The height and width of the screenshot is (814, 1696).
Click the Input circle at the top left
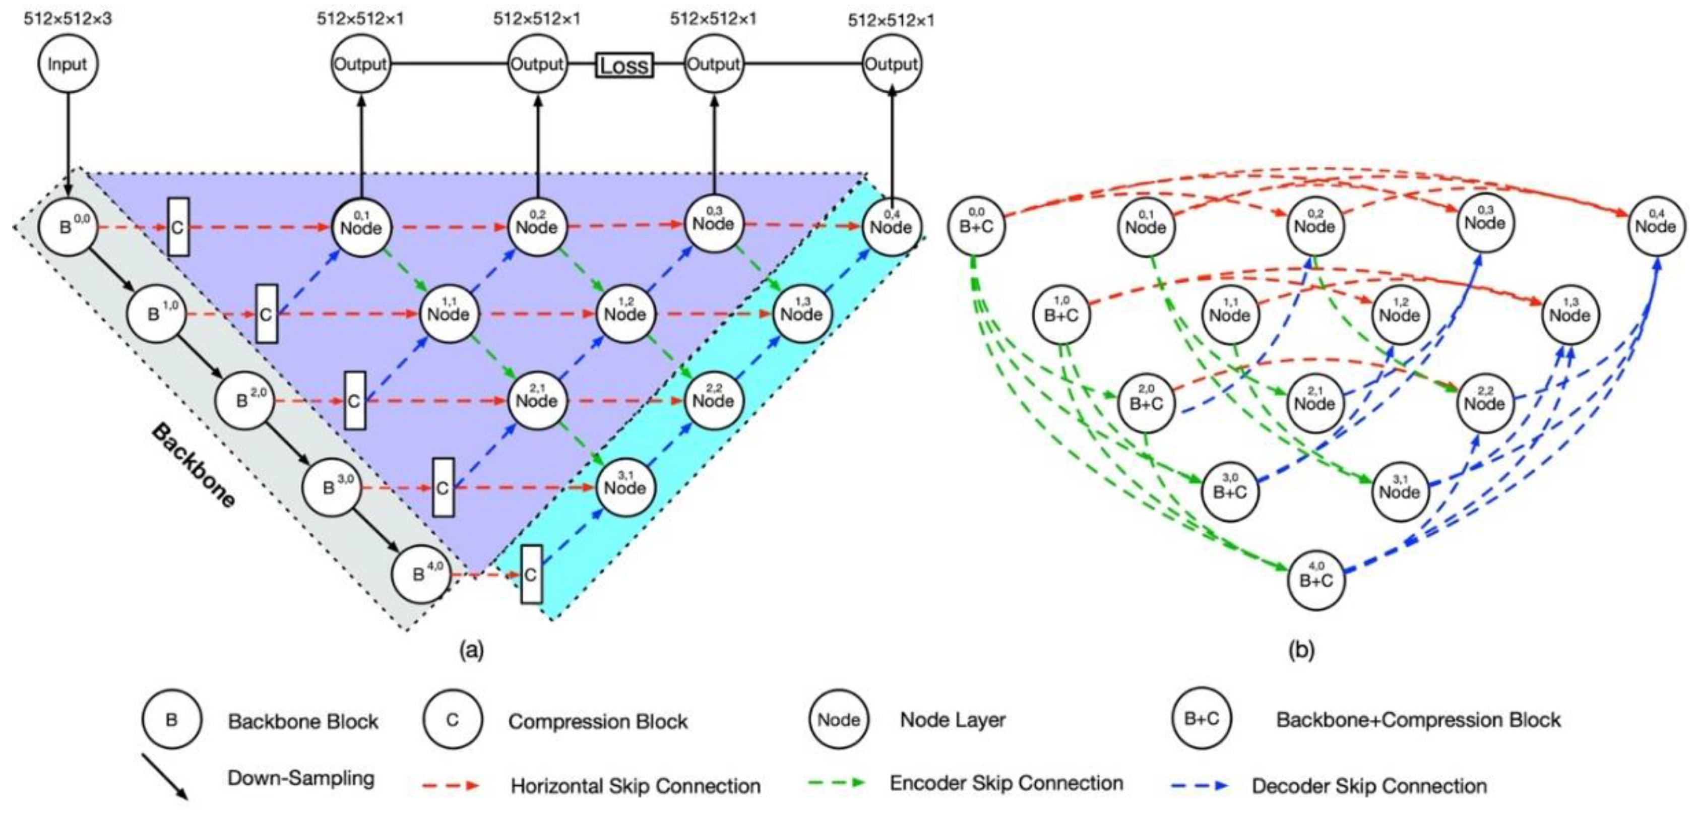point(67,64)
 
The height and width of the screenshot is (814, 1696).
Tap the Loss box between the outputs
point(624,65)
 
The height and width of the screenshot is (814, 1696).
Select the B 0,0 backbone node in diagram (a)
point(68,226)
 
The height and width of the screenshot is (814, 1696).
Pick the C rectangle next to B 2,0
point(355,400)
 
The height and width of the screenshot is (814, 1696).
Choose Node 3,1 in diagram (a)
point(625,487)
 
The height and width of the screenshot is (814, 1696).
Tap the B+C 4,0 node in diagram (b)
point(1315,580)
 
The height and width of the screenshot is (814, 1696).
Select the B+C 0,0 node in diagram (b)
point(976,226)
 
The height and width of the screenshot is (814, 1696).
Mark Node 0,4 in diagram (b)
point(1655,226)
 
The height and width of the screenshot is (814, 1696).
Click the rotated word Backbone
point(193,466)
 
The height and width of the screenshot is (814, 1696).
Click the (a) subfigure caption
point(471,651)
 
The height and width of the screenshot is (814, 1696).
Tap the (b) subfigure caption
point(1301,651)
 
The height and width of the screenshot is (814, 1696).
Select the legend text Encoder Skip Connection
point(1006,783)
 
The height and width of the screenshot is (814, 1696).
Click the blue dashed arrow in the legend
point(1200,786)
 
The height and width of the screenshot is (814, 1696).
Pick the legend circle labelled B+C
point(1202,719)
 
